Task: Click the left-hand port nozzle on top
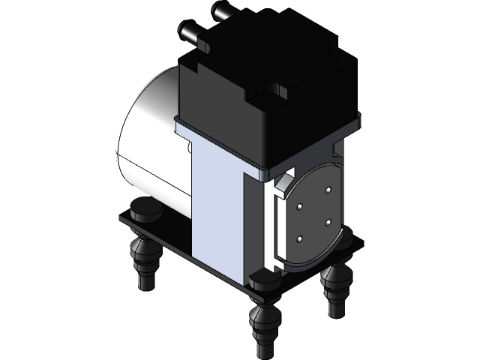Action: pos(189,34)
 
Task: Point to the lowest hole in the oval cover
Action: pos(300,239)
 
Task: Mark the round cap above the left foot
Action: pos(145,211)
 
